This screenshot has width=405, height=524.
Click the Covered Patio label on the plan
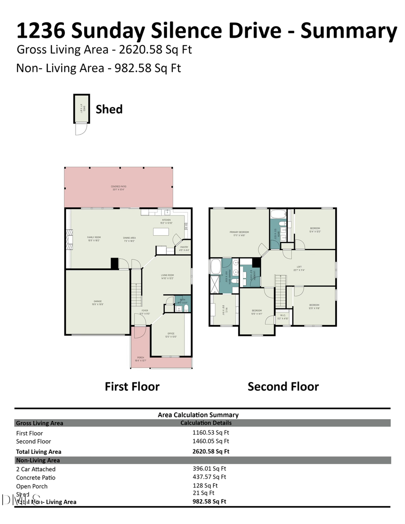[118, 188]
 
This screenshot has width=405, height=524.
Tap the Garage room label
[98, 303]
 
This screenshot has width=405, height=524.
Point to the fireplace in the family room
[69, 239]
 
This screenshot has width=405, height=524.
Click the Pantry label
[184, 248]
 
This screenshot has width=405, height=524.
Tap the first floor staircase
[136, 294]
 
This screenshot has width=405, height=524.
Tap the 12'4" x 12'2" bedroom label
[315, 230]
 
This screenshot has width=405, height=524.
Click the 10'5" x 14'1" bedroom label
[256, 312]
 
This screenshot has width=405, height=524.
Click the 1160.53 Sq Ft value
[211, 433]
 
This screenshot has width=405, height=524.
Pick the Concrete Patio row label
[36, 478]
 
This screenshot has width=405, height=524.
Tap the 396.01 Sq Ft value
[209, 469]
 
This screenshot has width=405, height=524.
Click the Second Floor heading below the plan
[283, 387]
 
